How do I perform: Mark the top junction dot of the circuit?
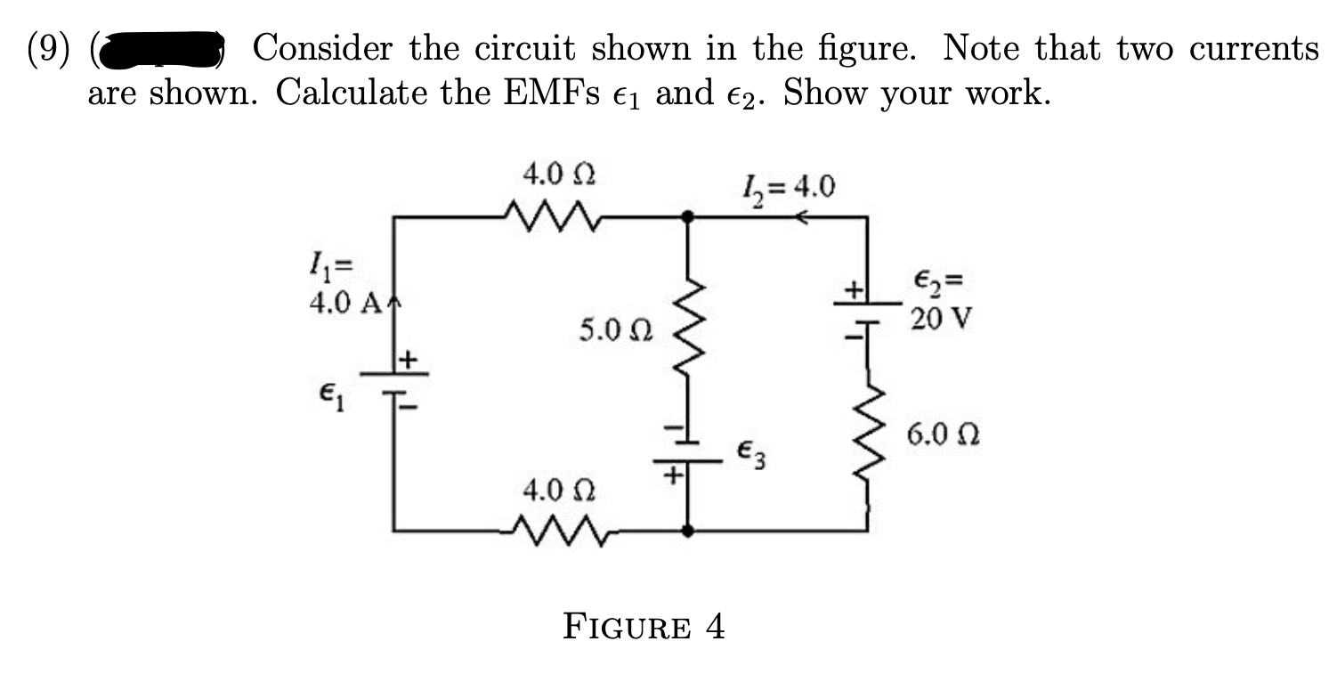[686, 215]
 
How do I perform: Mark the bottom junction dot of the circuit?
[686, 531]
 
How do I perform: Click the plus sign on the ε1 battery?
[407, 360]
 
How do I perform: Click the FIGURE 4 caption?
[644, 628]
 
